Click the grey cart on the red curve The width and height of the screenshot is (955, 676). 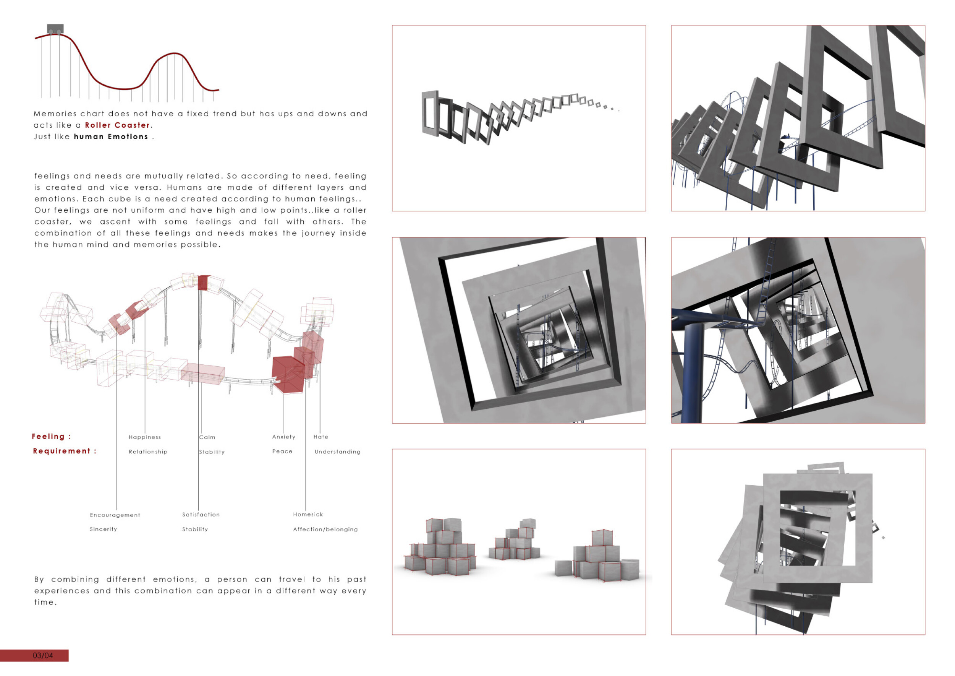click(x=55, y=29)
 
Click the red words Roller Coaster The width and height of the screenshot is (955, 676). click(x=117, y=125)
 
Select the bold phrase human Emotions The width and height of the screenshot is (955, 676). click(x=111, y=136)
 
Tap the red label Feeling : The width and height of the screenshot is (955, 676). click(x=52, y=437)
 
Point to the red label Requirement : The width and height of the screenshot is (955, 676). click(x=65, y=451)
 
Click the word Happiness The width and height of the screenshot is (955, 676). click(x=145, y=437)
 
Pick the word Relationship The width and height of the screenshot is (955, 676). click(x=148, y=452)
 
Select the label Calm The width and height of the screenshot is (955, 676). click(x=207, y=437)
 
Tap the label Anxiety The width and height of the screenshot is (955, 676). click(x=284, y=437)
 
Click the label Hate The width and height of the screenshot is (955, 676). click(x=321, y=437)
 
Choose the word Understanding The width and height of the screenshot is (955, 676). click(x=337, y=452)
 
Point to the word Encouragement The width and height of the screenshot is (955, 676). click(x=115, y=515)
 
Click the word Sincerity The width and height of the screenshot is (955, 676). click(x=103, y=529)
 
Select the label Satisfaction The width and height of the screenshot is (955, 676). click(x=201, y=515)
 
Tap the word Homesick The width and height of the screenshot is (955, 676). click(x=308, y=515)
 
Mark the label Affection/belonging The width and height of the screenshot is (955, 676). click(x=325, y=530)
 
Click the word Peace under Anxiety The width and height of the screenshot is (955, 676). click(x=282, y=451)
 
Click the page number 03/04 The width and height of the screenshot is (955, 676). click(x=43, y=656)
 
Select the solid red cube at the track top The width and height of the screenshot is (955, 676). click(x=203, y=282)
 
